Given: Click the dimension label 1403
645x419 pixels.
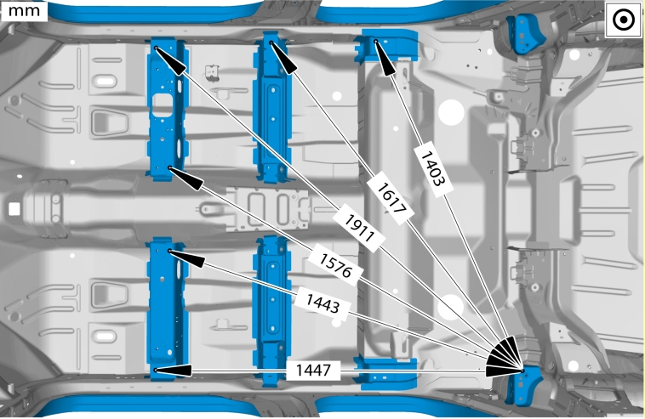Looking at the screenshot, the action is [x=432, y=169].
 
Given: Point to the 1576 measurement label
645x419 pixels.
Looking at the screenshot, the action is [x=335, y=265].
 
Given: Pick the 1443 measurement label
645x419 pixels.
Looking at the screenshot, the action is [x=322, y=303].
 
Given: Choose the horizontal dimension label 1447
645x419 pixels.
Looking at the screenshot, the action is [x=313, y=370].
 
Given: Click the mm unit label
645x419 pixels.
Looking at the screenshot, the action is [x=24, y=11].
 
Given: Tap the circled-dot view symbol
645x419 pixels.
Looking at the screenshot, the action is [x=624, y=20].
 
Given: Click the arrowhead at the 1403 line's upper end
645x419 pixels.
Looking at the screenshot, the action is [x=384, y=58].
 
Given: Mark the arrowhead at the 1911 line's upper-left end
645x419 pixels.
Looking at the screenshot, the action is [x=170, y=60].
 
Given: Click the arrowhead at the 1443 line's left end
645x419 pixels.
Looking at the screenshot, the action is [x=186, y=258].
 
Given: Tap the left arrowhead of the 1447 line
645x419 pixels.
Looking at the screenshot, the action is [x=173, y=371].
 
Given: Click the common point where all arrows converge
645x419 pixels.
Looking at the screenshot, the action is [x=522, y=371].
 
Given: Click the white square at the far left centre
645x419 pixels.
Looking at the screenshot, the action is [x=14, y=209].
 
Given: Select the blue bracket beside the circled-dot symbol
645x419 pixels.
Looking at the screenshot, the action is [x=525, y=33].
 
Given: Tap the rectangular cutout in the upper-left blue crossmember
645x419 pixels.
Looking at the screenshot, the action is [x=163, y=105].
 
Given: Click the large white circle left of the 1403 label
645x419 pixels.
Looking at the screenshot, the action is [x=451, y=112].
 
